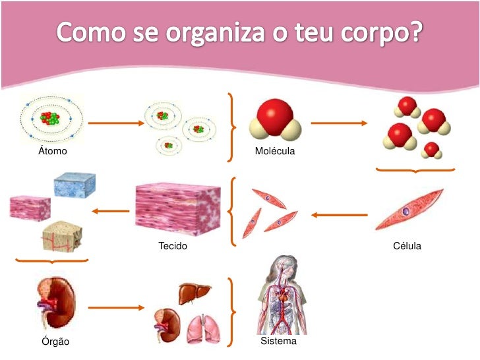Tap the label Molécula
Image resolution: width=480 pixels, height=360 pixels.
click(x=275, y=152)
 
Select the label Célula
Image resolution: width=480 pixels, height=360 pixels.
click(x=406, y=246)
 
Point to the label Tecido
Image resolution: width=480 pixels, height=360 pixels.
click(x=173, y=246)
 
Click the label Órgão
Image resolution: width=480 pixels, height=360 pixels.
click(x=53, y=342)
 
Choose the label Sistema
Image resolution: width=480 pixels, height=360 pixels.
click(x=278, y=342)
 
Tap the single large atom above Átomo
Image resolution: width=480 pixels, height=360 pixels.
click(x=51, y=119)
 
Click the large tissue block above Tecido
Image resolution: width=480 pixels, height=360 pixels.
click(x=177, y=208)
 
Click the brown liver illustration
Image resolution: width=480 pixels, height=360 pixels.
click(x=195, y=292)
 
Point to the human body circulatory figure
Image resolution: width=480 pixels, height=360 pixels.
click(x=282, y=295)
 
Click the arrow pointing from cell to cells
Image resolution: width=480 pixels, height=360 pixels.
click(x=340, y=214)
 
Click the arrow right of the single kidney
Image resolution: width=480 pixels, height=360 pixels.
click(x=115, y=307)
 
